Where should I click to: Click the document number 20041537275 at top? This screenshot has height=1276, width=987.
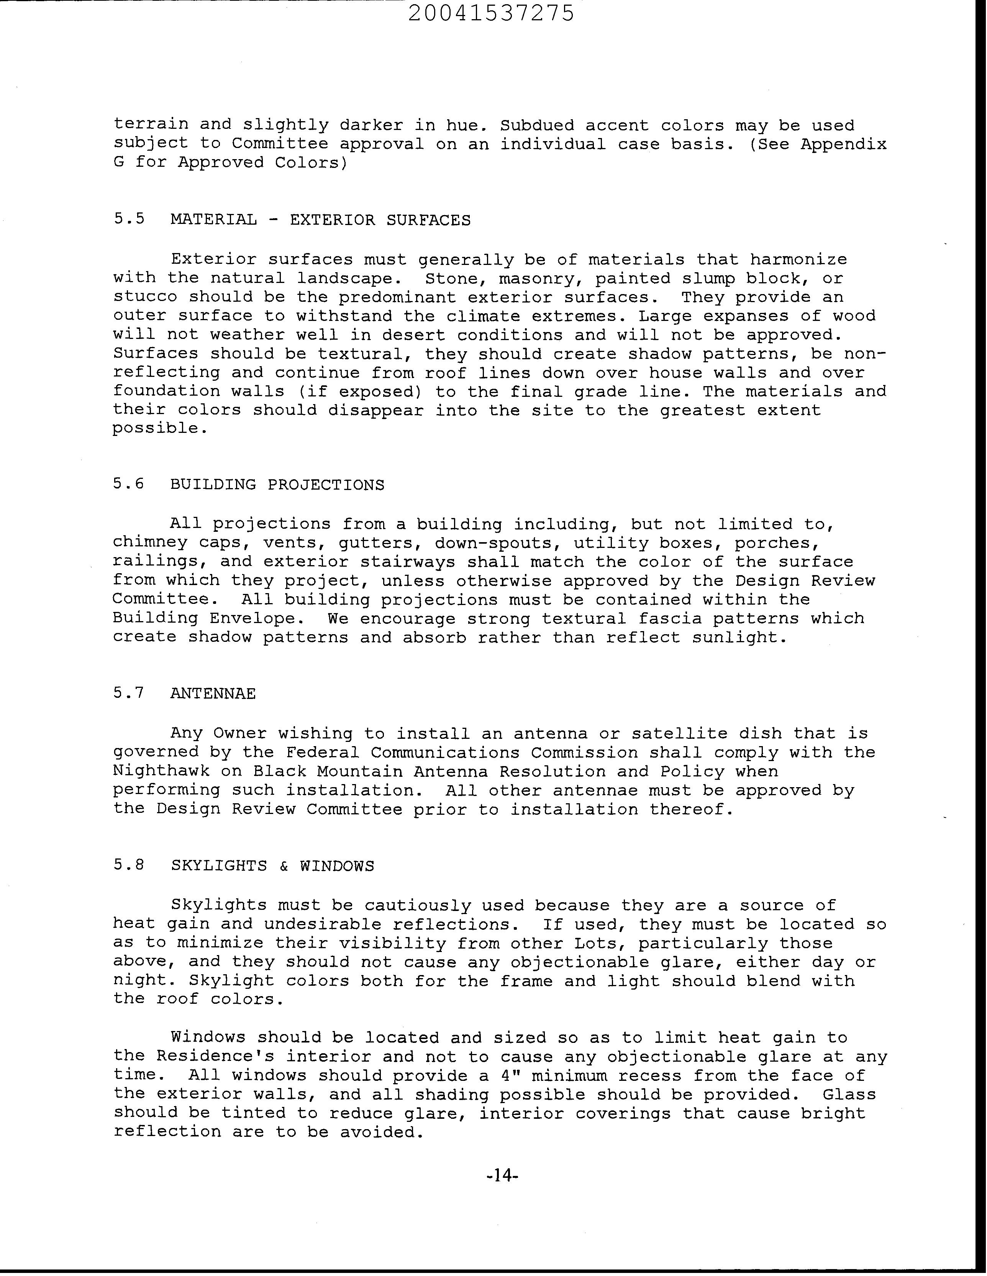[490, 13]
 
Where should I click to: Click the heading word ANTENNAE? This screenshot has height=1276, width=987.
[213, 694]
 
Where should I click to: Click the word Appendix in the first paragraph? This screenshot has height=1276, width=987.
[843, 144]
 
